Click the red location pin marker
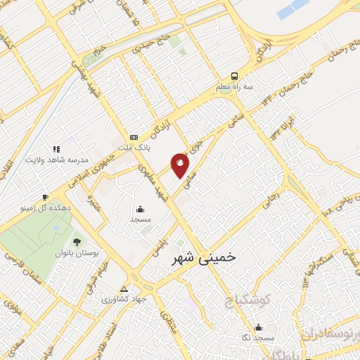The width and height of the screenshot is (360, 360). [181, 167]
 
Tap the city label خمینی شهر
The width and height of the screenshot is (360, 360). [205, 258]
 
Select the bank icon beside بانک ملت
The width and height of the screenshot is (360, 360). [134, 137]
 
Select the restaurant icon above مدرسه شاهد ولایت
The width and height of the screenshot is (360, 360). [56, 149]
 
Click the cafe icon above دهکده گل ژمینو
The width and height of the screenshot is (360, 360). [45, 197]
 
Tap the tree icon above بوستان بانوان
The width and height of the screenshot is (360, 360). [77, 241]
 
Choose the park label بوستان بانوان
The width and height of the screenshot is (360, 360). [78, 252]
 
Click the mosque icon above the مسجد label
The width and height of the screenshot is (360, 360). [141, 209]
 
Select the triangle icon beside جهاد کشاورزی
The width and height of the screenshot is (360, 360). [124, 289]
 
